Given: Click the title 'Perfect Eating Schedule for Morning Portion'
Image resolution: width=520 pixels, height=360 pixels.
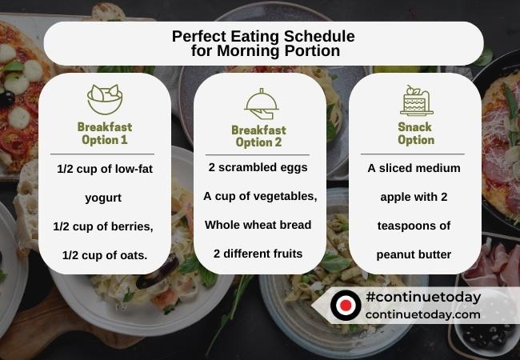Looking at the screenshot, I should tap(263, 43).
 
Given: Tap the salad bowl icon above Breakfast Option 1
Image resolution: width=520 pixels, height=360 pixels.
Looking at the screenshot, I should tap(104, 99).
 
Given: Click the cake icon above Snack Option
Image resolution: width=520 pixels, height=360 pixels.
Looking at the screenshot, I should tap(414, 101).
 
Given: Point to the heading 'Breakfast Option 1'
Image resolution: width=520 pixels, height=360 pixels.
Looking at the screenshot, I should tap(105, 133).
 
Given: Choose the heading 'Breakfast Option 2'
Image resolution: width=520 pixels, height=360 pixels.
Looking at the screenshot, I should tap(258, 136).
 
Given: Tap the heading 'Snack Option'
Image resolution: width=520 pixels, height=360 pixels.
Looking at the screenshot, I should tap(415, 133).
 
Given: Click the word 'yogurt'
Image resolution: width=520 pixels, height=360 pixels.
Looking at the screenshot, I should tap(104, 198).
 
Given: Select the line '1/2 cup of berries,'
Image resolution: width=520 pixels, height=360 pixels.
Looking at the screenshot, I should tap(103, 226).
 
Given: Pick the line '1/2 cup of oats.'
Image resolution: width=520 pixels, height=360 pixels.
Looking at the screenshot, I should tap(105, 255).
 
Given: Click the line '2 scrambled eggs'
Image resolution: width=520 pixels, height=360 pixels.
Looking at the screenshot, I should tap(258, 168).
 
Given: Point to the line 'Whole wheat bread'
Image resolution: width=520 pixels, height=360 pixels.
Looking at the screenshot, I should tap(258, 225).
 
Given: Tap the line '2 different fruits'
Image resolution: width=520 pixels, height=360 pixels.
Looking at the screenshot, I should tap(258, 254).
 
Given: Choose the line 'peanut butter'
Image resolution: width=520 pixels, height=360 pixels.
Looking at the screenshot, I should tap(414, 255).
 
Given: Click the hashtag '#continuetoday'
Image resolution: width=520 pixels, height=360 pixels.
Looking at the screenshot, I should tap(422, 298).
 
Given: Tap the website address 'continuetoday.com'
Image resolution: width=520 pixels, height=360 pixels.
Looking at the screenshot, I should tap(422, 314).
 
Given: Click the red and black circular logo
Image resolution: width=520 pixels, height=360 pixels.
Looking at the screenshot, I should tap(346, 305).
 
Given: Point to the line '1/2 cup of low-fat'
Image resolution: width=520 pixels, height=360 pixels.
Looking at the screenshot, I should tap(105, 170).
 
